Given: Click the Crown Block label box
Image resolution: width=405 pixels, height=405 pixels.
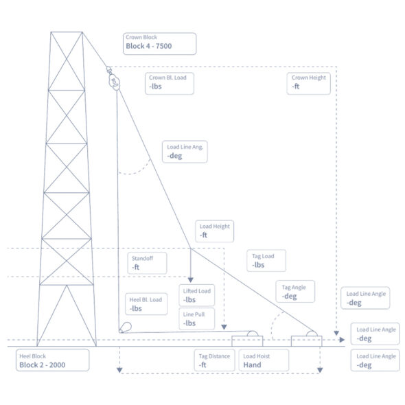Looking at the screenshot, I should coord(159,43).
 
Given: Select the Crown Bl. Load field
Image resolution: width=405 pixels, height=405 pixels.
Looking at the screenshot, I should coord(170,83).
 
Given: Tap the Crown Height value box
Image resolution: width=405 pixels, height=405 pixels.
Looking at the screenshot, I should coord(309,83).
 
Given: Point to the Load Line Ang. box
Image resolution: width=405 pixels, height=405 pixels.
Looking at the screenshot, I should coord(186,152).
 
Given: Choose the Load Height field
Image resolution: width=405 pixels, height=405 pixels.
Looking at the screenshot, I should coord(215,231).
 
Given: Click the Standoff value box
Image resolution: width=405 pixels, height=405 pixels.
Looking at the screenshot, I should coord(147,262).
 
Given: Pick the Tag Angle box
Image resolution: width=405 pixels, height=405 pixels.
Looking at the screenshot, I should coord(296,292).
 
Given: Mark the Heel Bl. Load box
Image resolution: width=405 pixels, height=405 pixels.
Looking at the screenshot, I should coord(146,304).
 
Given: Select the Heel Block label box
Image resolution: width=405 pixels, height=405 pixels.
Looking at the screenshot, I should coord(53,360).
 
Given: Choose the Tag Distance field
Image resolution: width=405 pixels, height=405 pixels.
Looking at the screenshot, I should coord(215,360).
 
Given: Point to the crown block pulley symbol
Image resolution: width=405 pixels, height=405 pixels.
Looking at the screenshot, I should coord(114,80).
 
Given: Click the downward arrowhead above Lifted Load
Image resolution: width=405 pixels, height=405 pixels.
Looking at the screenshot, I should coord(190,279).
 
